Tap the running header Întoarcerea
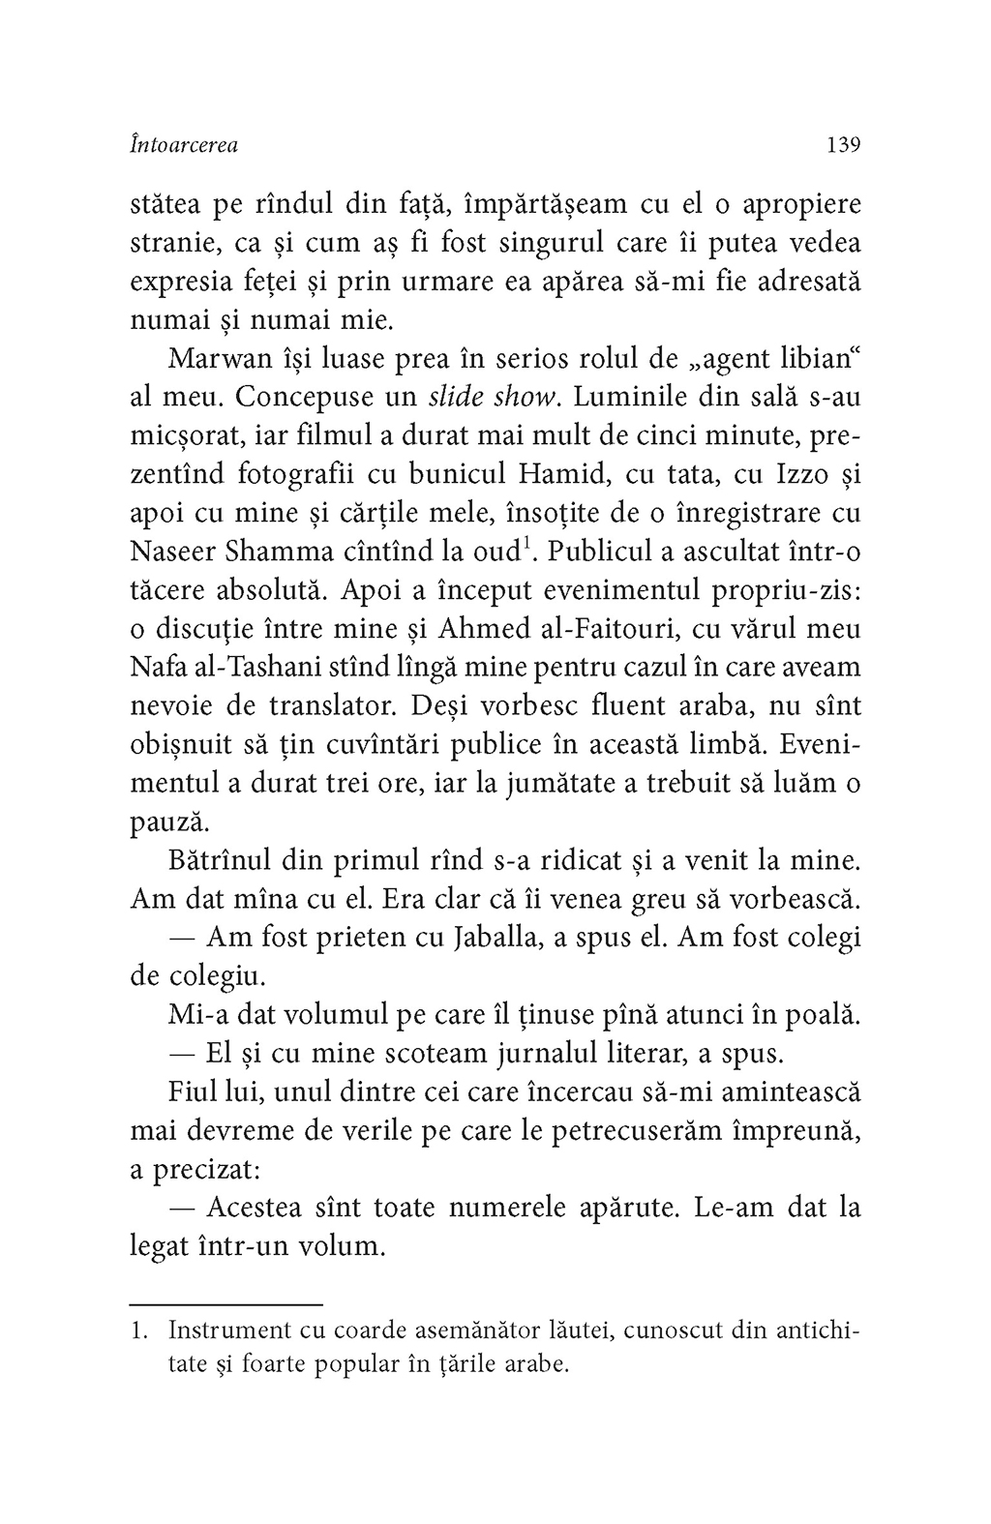(x=184, y=145)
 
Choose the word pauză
(x=169, y=822)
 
